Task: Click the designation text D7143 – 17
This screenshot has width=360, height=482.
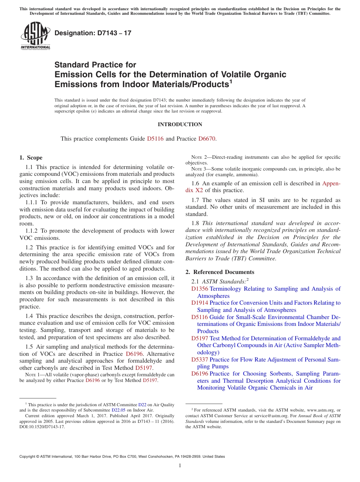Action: pyautogui.click(x=93, y=33)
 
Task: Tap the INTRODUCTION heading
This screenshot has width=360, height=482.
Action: pyautogui.click(x=180, y=124)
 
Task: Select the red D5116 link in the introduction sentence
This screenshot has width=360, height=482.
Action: pyautogui.click(x=155, y=139)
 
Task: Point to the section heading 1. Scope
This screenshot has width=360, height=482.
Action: pyautogui.click(x=31, y=158)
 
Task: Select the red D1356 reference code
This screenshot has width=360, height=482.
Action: pyautogui.click(x=199, y=289)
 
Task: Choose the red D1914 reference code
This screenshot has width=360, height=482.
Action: pyautogui.click(x=199, y=303)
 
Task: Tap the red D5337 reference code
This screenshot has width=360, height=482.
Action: pyautogui.click(x=199, y=360)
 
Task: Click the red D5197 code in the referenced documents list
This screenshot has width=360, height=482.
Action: pyautogui.click(x=199, y=338)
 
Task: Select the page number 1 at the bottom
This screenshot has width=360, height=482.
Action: pyautogui.click(x=180, y=466)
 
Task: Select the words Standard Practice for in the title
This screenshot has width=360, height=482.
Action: pyautogui.click(x=95, y=65)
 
